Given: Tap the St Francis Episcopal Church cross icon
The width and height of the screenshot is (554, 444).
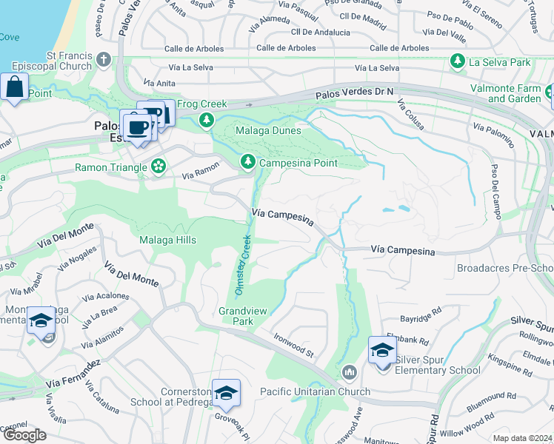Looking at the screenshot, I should click(x=104, y=59).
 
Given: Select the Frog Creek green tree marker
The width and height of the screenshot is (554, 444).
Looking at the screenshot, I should click(x=207, y=120).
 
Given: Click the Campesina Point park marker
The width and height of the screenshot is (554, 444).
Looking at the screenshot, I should click(x=247, y=161).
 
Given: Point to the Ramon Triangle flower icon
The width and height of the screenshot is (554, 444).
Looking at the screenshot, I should click(x=158, y=167).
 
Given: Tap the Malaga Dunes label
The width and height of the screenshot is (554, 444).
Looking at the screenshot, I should click(x=268, y=131).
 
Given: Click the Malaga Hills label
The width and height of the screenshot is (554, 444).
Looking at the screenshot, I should click(x=168, y=240).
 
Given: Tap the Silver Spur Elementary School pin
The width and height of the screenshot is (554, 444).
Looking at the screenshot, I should click(x=382, y=350).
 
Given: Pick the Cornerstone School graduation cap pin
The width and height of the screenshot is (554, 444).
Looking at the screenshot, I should click(x=226, y=392).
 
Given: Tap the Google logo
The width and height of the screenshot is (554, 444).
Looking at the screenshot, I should click(x=24, y=434).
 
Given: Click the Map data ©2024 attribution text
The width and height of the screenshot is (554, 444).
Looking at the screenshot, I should click(x=523, y=438).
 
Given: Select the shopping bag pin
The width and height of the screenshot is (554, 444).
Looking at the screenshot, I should click(x=14, y=87).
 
